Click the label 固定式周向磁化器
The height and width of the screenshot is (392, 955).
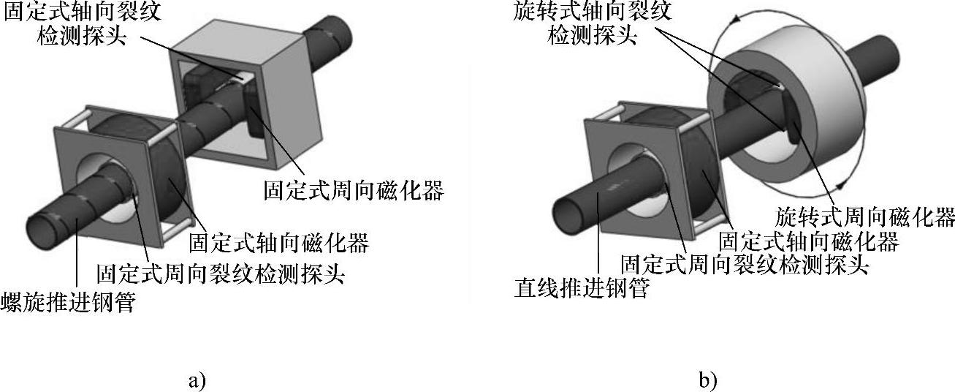click(354, 192)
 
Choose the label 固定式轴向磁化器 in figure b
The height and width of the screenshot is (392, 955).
click(808, 241)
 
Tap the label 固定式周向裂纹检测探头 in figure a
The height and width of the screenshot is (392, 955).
click(220, 274)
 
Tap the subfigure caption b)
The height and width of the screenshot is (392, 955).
click(707, 380)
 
